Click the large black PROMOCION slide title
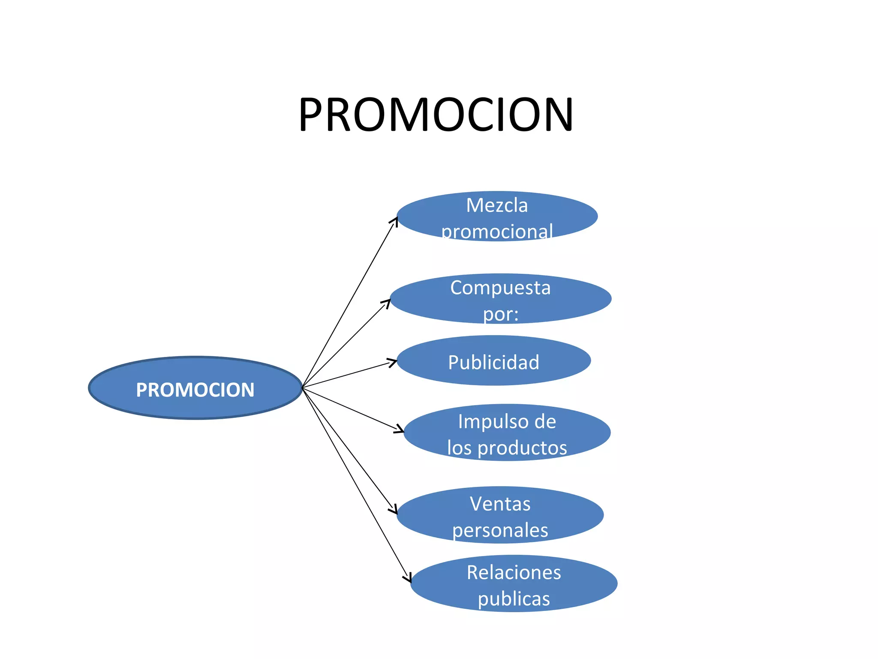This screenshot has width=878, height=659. pos(436,115)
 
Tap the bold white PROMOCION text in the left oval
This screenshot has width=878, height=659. pos(195,390)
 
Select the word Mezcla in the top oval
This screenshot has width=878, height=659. pos(497,206)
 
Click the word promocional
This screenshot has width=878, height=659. pos(497,232)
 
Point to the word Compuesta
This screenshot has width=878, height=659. pos(500,288)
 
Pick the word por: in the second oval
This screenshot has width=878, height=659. pos(501,314)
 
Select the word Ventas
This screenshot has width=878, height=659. pos(500,504)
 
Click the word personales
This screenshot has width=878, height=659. pos(500,530)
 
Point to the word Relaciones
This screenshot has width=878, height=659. pos(514,573)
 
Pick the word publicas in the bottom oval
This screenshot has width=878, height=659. pos(514,599)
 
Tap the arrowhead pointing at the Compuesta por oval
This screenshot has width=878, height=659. pos(387,302)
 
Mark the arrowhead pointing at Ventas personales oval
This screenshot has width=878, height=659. pos(394,510)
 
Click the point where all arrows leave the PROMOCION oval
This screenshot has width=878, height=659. pos(303,387)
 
